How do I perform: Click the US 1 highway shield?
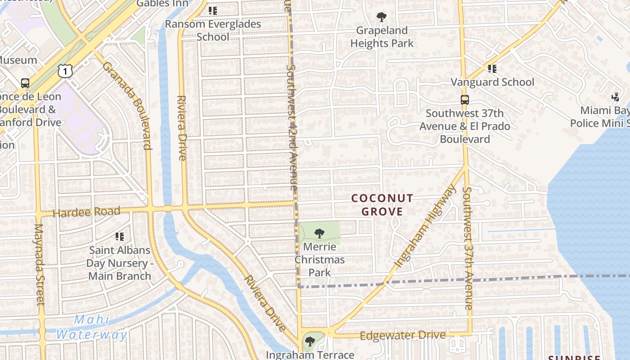[x=65, y=71]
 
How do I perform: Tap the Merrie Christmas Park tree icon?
[x=319, y=234]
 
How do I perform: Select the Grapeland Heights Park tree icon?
[x=382, y=18]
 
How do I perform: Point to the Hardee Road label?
[x=86, y=212]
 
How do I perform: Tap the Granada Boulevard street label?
[x=127, y=105]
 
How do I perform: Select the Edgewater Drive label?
[x=403, y=335]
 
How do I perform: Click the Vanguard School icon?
[x=492, y=69]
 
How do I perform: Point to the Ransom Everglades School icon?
[x=213, y=10]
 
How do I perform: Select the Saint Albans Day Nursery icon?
[x=120, y=236]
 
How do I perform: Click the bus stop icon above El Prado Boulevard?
[x=464, y=100]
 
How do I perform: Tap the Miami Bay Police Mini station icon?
[x=616, y=97]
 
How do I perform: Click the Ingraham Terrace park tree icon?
[x=310, y=342]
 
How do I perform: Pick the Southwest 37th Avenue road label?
[x=468, y=248]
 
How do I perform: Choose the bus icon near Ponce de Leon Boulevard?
[x=25, y=83]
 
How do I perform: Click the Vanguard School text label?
[x=492, y=82]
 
